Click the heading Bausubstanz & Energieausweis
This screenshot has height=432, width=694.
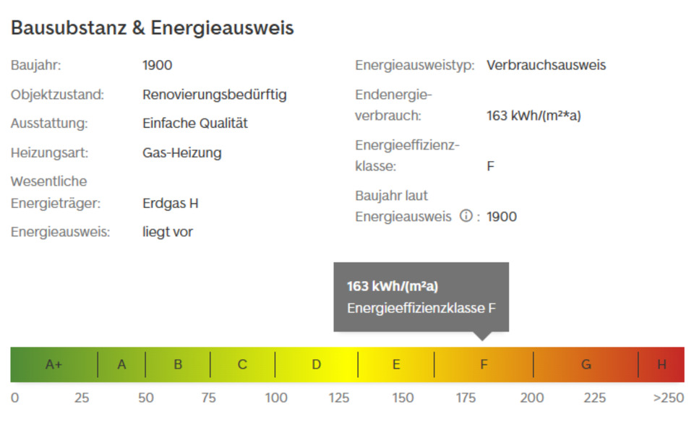point(152,28)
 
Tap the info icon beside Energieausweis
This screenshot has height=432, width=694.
point(466,216)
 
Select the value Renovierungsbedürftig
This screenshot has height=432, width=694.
point(214,95)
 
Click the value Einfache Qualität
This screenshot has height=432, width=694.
point(194,124)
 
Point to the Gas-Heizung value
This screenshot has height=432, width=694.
point(181,153)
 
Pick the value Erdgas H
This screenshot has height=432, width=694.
point(170,204)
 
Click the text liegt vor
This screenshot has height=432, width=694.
point(167,233)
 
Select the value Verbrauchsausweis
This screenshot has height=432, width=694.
point(546,66)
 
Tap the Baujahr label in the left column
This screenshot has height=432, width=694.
point(35,66)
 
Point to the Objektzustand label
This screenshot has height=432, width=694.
point(57,95)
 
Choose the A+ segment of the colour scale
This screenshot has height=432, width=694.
point(53,365)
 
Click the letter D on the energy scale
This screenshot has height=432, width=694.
point(316,365)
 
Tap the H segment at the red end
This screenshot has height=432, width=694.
point(661,365)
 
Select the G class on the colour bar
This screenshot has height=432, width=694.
point(586,365)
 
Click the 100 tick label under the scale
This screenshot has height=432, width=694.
point(275,398)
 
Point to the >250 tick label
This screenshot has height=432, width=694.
point(668,398)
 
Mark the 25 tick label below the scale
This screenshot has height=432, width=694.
point(82,398)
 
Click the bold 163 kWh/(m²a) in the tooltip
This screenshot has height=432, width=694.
point(392,287)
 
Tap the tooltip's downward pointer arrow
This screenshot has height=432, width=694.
point(482,336)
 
